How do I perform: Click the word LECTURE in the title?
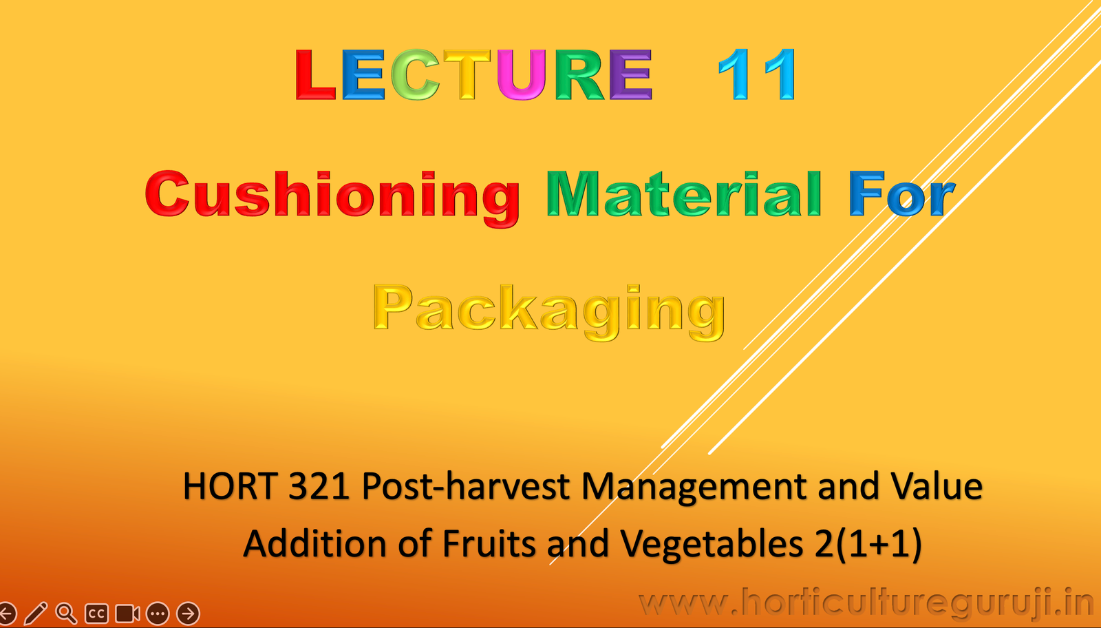(473, 74)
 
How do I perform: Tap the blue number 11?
(757, 74)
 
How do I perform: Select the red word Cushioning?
(332, 196)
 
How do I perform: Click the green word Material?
(684, 195)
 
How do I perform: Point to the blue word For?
(901, 195)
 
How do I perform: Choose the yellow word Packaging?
(548, 311)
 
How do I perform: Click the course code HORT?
(230, 487)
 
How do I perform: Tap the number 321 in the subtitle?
(319, 487)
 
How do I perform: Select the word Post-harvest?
(466, 487)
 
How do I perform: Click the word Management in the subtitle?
(694, 487)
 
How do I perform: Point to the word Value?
(937, 487)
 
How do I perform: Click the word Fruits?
(489, 544)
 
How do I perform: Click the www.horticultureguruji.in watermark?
(866, 603)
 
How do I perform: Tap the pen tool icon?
(36, 613)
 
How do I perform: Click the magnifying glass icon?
(66, 613)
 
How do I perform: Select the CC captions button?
(96, 613)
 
